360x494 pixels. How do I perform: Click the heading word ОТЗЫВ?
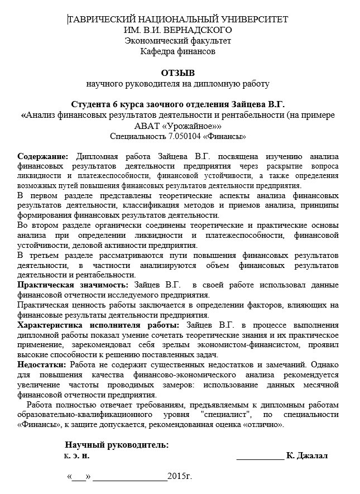click(178, 73)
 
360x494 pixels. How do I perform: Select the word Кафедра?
click(159, 51)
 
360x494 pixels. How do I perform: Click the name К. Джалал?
click(306, 455)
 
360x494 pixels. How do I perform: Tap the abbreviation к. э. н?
click(77, 455)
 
